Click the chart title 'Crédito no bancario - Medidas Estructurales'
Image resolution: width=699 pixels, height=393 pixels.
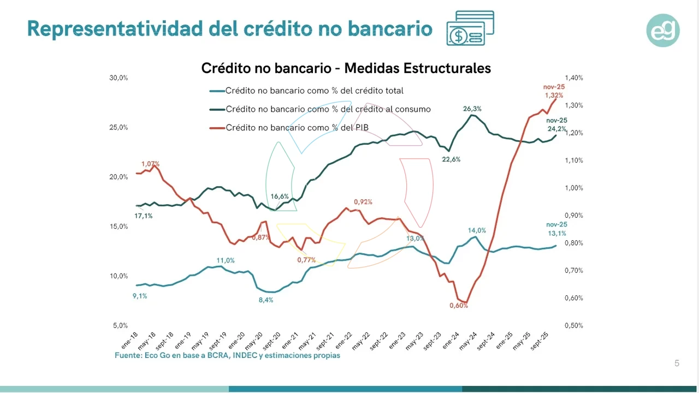point(346,68)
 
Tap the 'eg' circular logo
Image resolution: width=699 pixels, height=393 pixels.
point(663,31)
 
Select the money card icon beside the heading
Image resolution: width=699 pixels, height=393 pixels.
point(470,28)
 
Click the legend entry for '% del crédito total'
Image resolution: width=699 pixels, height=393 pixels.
point(314,91)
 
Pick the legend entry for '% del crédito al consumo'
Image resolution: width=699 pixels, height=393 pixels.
point(328,109)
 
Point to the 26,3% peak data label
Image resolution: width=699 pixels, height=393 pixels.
point(472,109)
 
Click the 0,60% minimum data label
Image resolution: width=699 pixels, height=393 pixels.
point(459,306)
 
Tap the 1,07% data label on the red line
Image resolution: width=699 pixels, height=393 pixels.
point(150,164)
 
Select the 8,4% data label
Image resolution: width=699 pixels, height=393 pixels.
point(265,300)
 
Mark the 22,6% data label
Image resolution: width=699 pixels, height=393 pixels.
point(452,159)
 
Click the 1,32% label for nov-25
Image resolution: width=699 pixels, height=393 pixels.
point(554,96)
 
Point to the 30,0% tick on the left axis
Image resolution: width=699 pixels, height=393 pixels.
point(119,78)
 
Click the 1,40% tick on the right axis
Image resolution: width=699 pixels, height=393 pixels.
point(574,78)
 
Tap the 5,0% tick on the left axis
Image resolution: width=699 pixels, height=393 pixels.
point(121,326)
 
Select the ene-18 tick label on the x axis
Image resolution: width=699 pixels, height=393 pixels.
point(130,340)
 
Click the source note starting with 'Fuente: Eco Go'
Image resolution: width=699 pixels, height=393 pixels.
point(227,355)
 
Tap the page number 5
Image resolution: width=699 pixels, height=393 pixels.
point(677,364)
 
